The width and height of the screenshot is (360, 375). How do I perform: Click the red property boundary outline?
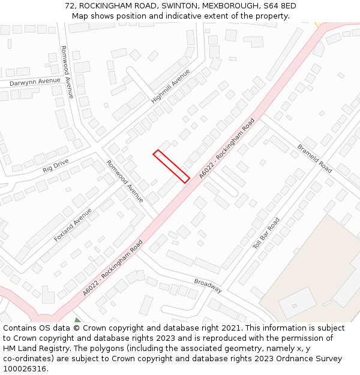tap(172, 165)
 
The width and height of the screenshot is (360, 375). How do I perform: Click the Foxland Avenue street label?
tap(73, 225)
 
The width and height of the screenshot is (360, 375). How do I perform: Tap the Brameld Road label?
tap(314, 158)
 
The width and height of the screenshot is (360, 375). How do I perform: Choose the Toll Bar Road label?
tap(266, 234)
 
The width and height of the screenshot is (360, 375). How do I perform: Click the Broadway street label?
tap(208, 286)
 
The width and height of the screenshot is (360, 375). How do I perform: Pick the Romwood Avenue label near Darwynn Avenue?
tap(67, 72)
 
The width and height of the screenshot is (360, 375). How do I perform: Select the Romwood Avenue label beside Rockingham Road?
tap(125, 181)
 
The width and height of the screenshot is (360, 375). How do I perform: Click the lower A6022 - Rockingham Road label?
tap(113, 268)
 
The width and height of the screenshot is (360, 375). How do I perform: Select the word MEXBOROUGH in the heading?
tap(230, 6)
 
